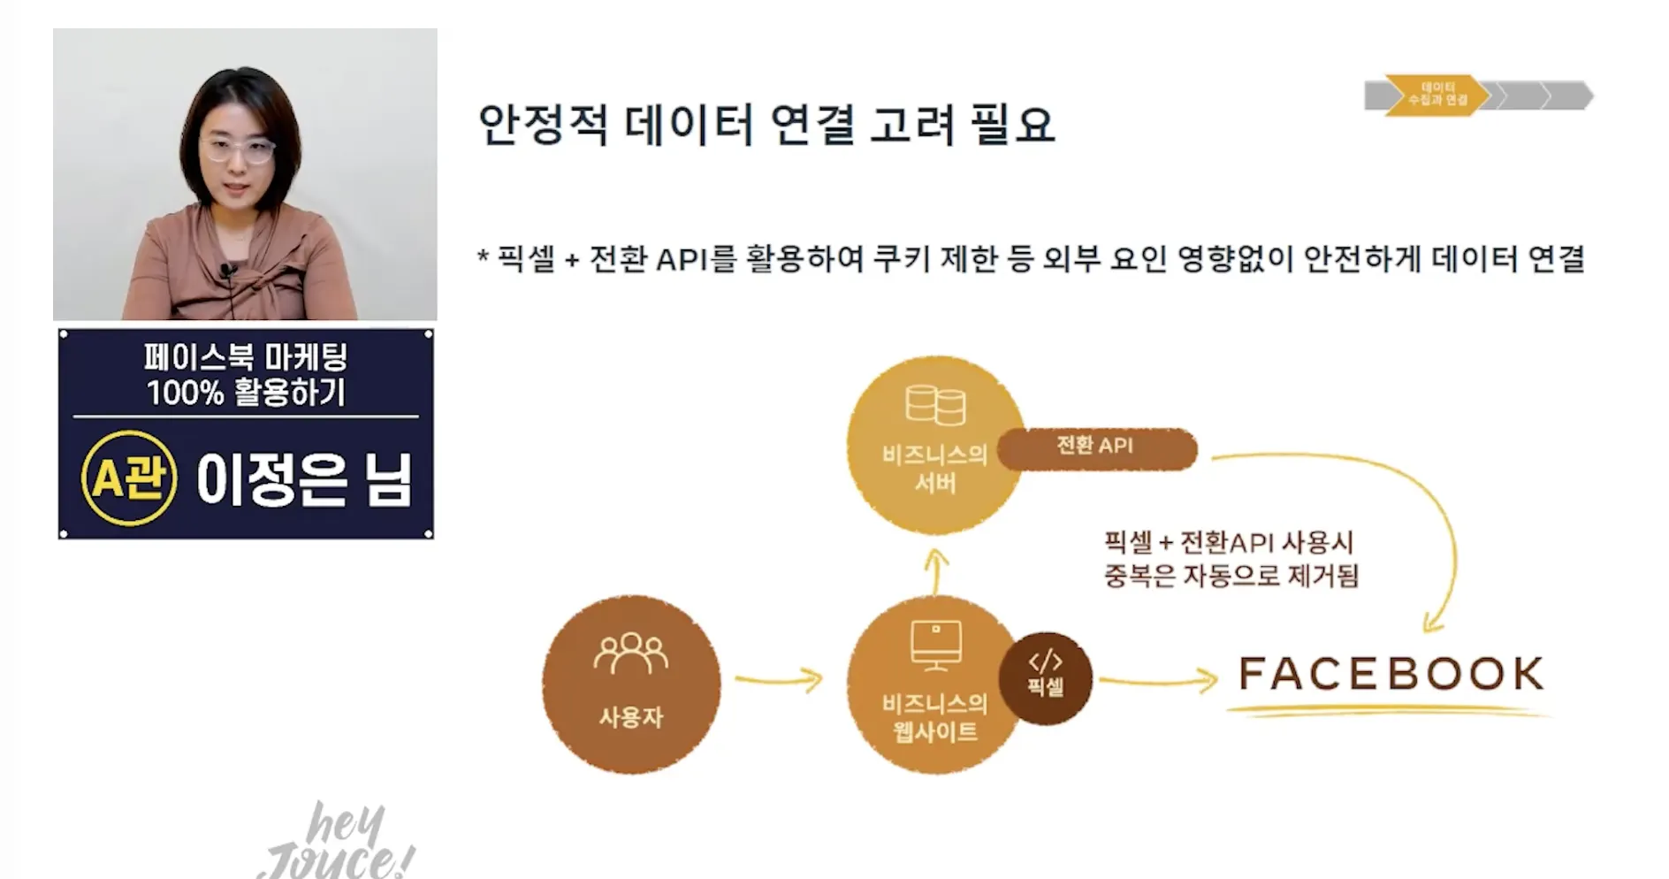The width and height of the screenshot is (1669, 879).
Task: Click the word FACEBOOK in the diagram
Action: [1391, 674]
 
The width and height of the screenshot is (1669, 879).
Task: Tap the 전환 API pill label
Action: [1096, 447]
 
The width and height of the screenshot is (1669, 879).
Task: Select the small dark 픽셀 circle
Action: [1045, 677]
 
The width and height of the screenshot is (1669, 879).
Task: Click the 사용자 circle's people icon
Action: [630, 654]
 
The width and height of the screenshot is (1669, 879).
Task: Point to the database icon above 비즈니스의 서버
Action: [935, 404]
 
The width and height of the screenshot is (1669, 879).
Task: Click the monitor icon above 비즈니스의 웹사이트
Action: [935, 644]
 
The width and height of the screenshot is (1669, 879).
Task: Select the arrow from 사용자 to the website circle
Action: [779, 679]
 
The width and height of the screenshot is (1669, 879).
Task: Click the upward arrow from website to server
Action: [935, 571]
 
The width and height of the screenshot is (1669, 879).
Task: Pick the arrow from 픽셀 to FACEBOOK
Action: [1158, 680]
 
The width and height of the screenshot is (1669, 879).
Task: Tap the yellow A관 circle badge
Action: [128, 478]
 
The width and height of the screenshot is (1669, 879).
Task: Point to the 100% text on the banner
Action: [185, 393]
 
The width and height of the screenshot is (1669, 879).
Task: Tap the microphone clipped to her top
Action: [227, 271]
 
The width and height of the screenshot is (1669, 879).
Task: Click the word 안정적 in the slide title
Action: [542, 125]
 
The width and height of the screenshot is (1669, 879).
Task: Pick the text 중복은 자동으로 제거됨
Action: [1231, 577]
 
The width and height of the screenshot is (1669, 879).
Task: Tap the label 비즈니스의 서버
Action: [934, 469]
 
